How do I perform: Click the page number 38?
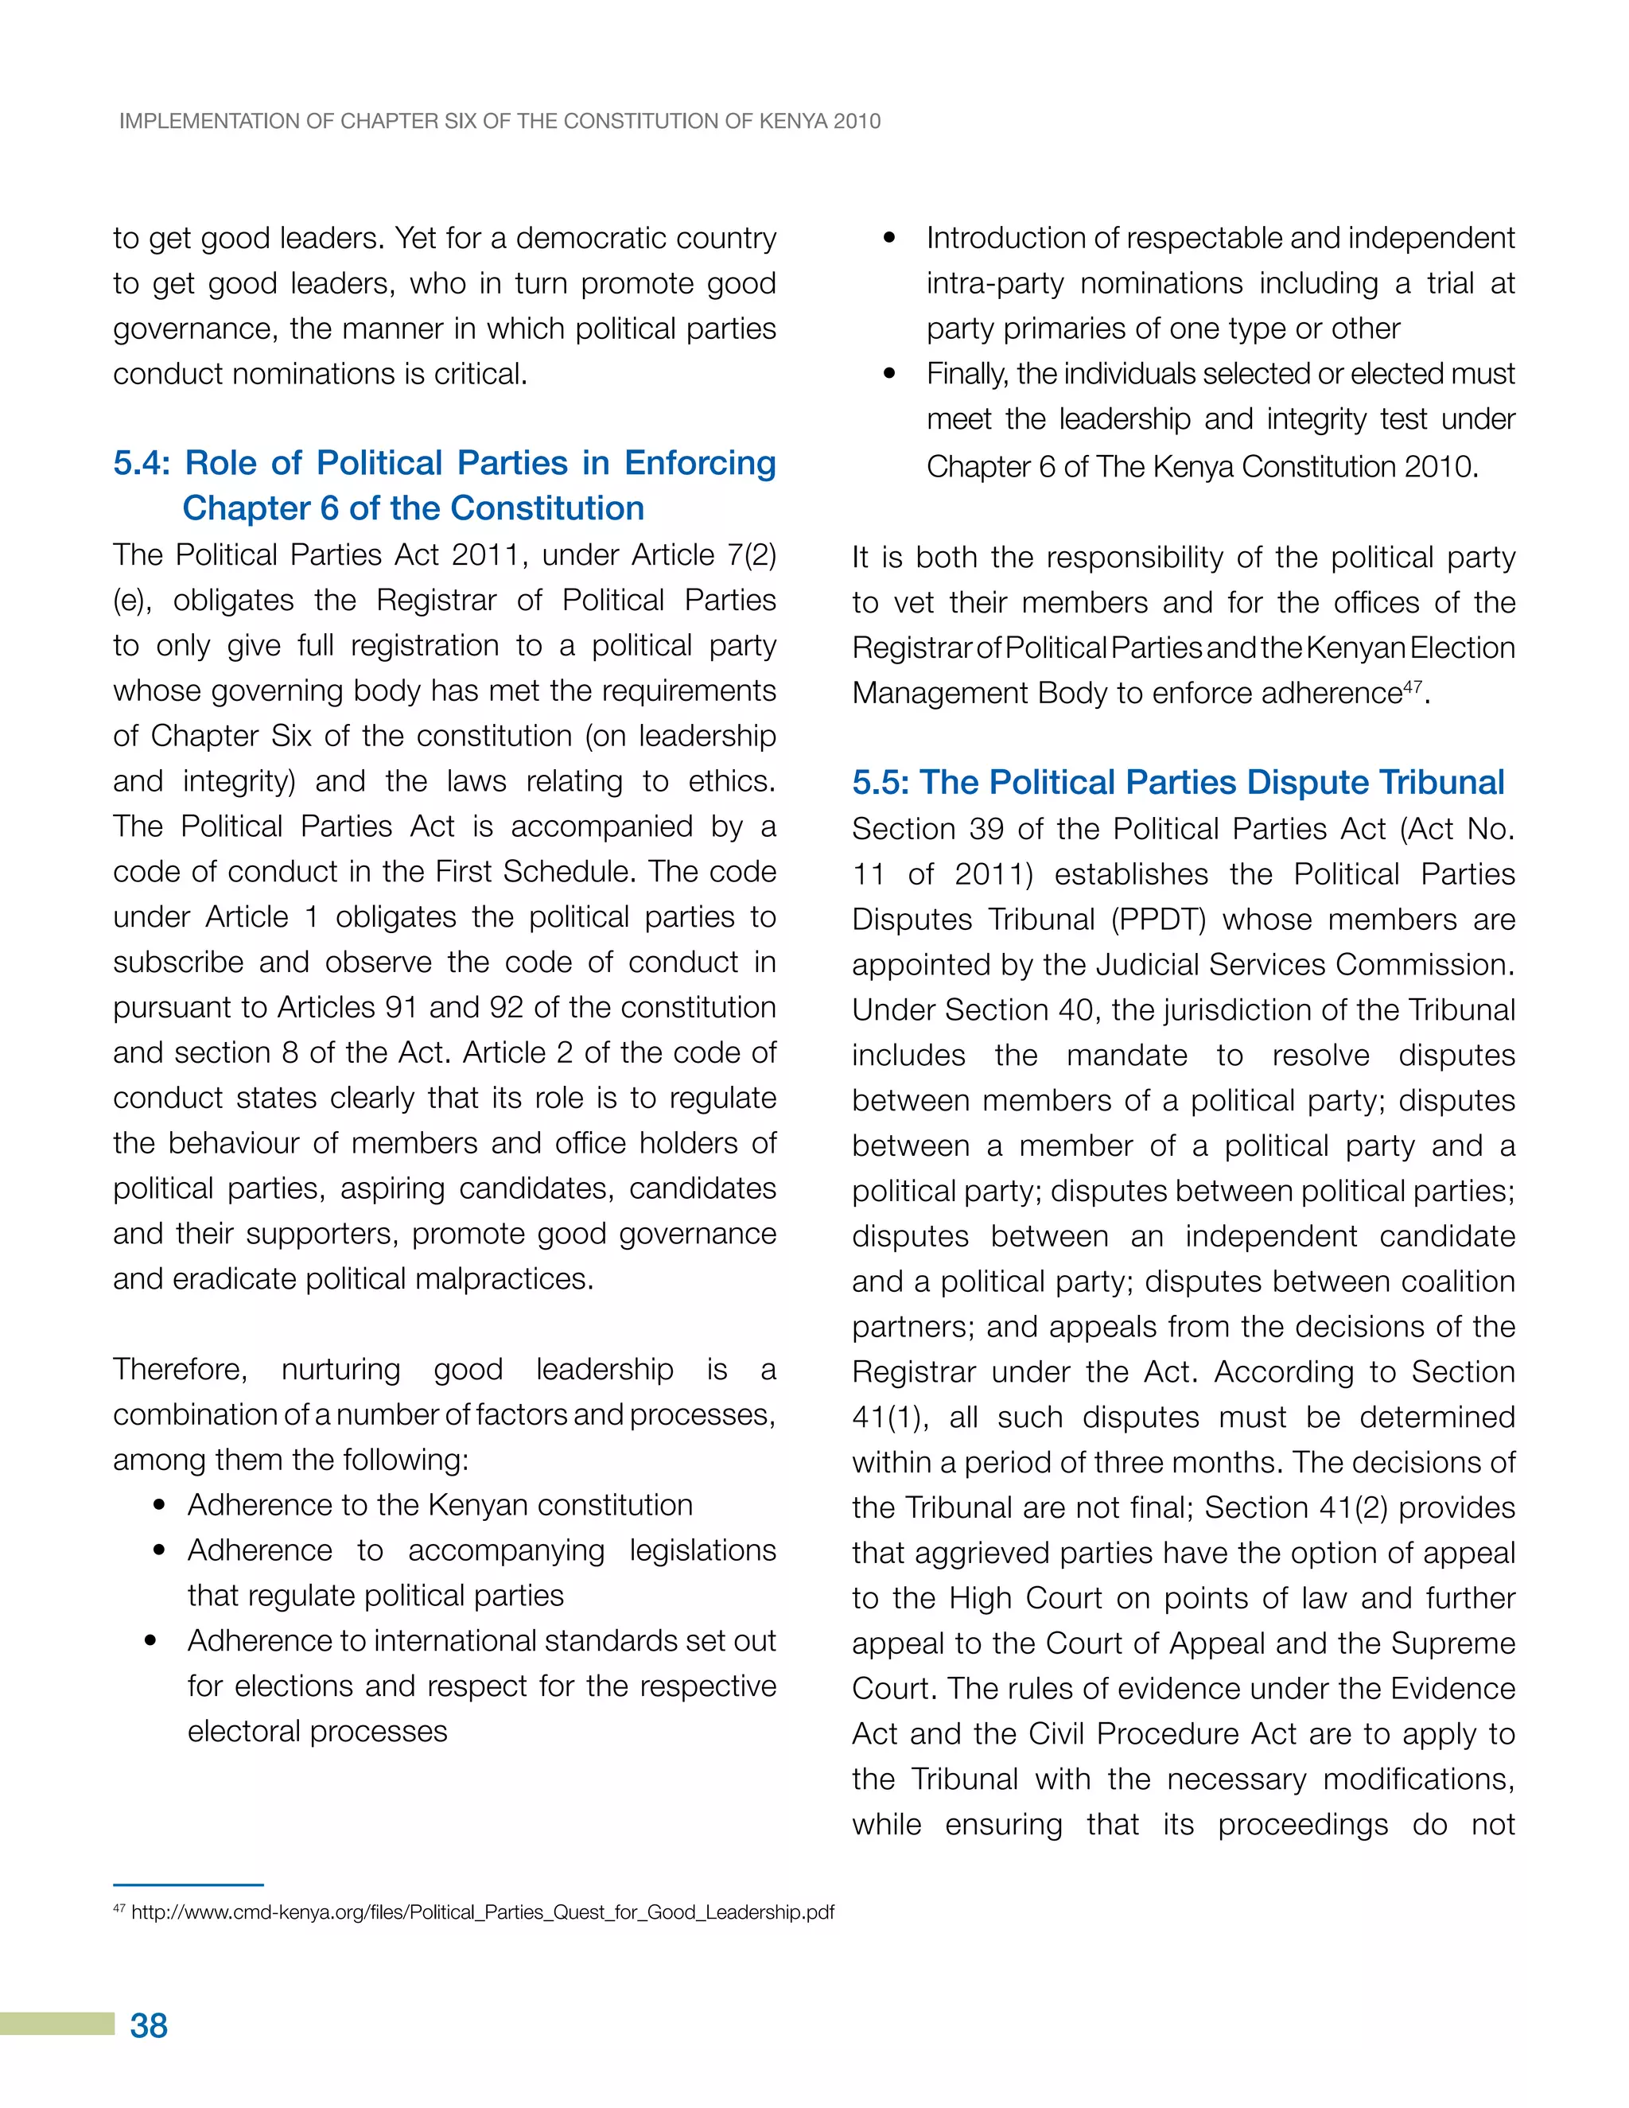pos(149,2025)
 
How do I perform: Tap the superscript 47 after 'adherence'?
pos(1412,686)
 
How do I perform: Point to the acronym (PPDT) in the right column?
pos(1158,920)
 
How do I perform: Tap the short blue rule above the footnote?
pos(189,1884)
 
